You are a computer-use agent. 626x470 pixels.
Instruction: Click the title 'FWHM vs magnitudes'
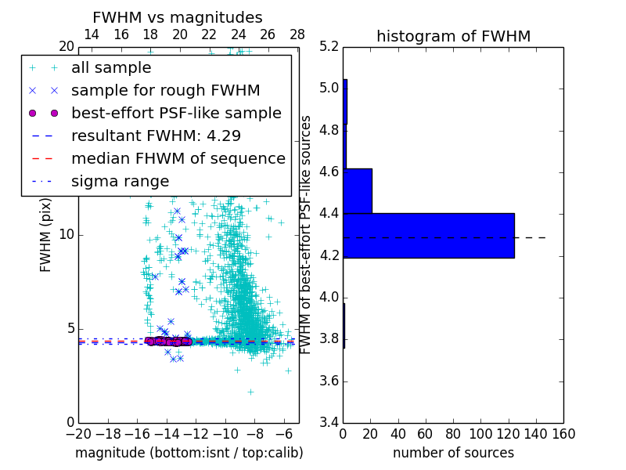177,18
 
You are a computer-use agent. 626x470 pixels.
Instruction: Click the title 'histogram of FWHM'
453,36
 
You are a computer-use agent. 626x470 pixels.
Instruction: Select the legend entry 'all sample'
111,68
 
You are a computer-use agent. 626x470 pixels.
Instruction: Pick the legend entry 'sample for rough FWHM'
165,90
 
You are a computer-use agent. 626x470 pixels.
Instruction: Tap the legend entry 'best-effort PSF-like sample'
176,113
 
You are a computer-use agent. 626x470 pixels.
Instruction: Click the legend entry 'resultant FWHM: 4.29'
149,136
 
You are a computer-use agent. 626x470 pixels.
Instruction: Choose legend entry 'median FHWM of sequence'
178,158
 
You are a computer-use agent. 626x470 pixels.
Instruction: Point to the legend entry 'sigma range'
120,181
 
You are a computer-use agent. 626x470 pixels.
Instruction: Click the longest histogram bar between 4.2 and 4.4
429,235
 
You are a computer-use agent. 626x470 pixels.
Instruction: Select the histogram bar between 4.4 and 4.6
358,190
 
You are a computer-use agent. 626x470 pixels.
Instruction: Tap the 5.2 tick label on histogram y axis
329,46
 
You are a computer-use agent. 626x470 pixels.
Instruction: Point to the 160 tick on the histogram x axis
563,433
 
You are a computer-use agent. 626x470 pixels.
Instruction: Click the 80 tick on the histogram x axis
453,433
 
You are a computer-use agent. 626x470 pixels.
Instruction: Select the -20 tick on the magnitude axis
78,433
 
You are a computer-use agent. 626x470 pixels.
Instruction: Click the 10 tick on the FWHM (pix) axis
67,235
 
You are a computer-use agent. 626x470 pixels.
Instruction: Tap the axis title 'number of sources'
453,453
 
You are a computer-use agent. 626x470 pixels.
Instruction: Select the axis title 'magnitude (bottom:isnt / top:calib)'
189,453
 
